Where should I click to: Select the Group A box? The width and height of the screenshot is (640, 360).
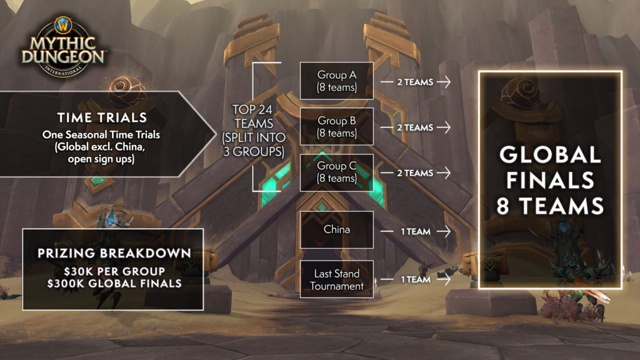click(x=336, y=81)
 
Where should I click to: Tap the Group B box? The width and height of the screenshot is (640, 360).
click(x=336, y=127)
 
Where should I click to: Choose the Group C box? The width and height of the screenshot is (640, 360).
click(x=336, y=172)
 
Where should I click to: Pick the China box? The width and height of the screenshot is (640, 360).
click(x=336, y=230)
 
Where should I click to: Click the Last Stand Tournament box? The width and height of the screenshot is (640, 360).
click(x=336, y=279)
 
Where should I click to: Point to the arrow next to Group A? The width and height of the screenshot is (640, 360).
click(x=444, y=81)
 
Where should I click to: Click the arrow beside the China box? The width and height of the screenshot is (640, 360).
click(x=444, y=231)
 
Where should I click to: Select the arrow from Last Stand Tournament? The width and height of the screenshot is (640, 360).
click(x=444, y=279)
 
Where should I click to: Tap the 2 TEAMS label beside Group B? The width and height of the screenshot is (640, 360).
click(x=415, y=127)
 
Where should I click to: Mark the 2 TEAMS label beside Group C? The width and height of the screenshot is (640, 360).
click(x=415, y=173)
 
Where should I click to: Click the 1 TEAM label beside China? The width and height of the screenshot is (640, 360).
click(x=416, y=231)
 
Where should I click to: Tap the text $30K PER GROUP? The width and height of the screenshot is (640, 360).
click(x=112, y=271)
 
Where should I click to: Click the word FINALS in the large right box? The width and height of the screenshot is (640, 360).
click(x=550, y=181)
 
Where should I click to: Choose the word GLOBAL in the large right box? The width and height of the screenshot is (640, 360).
click(x=550, y=155)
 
